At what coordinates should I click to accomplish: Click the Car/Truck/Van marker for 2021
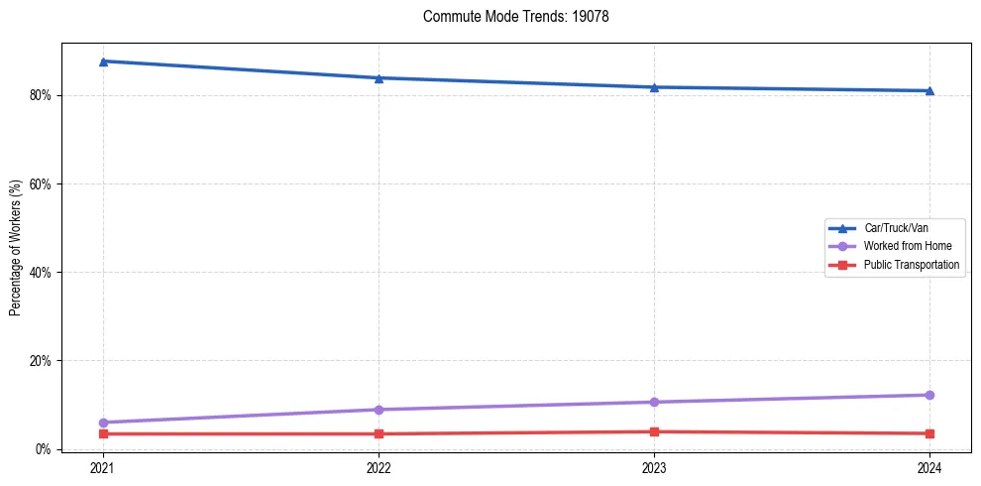(x=103, y=61)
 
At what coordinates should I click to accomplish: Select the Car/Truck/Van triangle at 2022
(x=379, y=78)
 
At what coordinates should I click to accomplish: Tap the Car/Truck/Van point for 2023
(x=654, y=87)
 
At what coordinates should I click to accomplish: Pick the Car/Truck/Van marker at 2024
(x=929, y=91)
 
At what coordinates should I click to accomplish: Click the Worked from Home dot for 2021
(x=103, y=423)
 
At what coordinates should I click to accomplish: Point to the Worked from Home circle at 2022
(x=379, y=410)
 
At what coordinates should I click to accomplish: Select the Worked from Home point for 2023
(x=654, y=402)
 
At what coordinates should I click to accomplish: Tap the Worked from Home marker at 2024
(x=929, y=395)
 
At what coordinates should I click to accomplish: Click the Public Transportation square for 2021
(x=103, y=433)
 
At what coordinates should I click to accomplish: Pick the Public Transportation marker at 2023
(x=654, y=431)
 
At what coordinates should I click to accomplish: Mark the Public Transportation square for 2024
(x=929, y=433)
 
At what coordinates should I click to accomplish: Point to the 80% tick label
(x=42, y=96)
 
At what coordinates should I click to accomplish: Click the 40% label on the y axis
(x=42, y=273)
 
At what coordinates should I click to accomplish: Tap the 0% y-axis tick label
(x=45, y=449)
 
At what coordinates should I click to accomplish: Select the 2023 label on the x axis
(x=654, y=468)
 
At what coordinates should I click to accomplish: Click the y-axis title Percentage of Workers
(x=17, y=248)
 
